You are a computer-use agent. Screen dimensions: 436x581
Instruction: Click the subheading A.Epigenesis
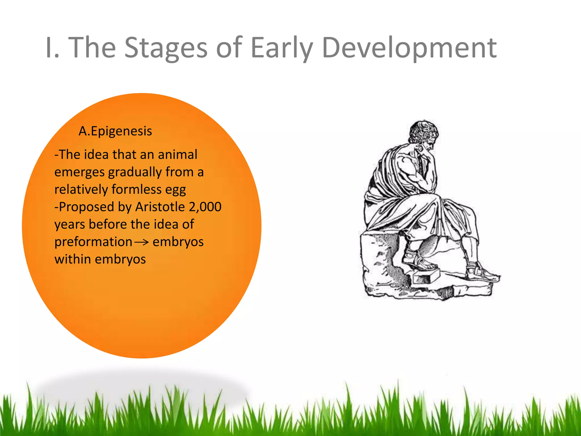tap(115, 131)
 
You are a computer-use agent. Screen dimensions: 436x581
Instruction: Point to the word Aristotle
tap(160, 207)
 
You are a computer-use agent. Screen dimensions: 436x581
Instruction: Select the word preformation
tap(93, 242)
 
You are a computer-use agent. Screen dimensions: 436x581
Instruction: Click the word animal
tap(177, 154)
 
